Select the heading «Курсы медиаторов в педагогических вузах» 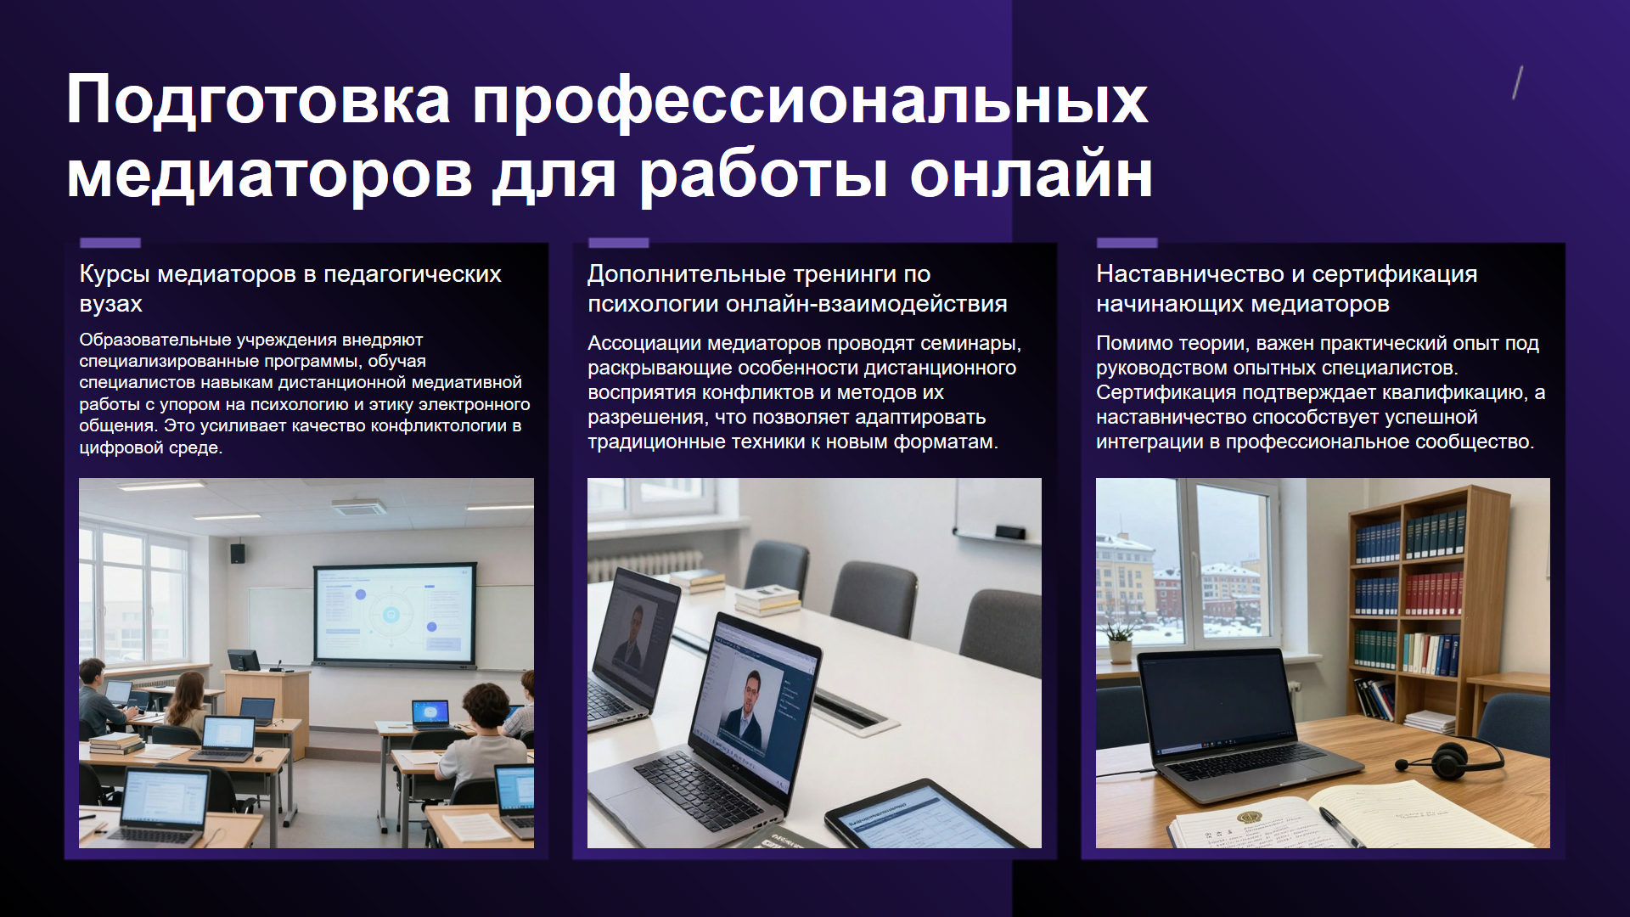[290, 289]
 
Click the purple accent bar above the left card [110, 243]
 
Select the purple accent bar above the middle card [618, 243]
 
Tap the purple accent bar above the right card [1127, 243]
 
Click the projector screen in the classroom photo [395, 614]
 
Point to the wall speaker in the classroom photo [238, 554]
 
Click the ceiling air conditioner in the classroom [358, 507]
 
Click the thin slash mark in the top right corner [1518, 82]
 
